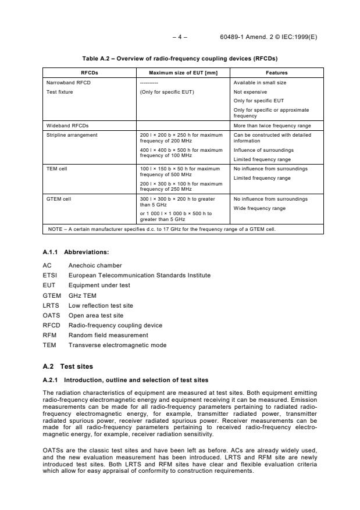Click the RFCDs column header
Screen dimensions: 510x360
[89, 73]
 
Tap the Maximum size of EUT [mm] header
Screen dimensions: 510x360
[183, 73]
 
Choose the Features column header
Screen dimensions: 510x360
[276, 73]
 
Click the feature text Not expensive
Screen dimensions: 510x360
[250, 92]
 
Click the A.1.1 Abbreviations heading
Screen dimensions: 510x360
[76, 252]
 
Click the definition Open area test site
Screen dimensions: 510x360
[96, 315]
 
